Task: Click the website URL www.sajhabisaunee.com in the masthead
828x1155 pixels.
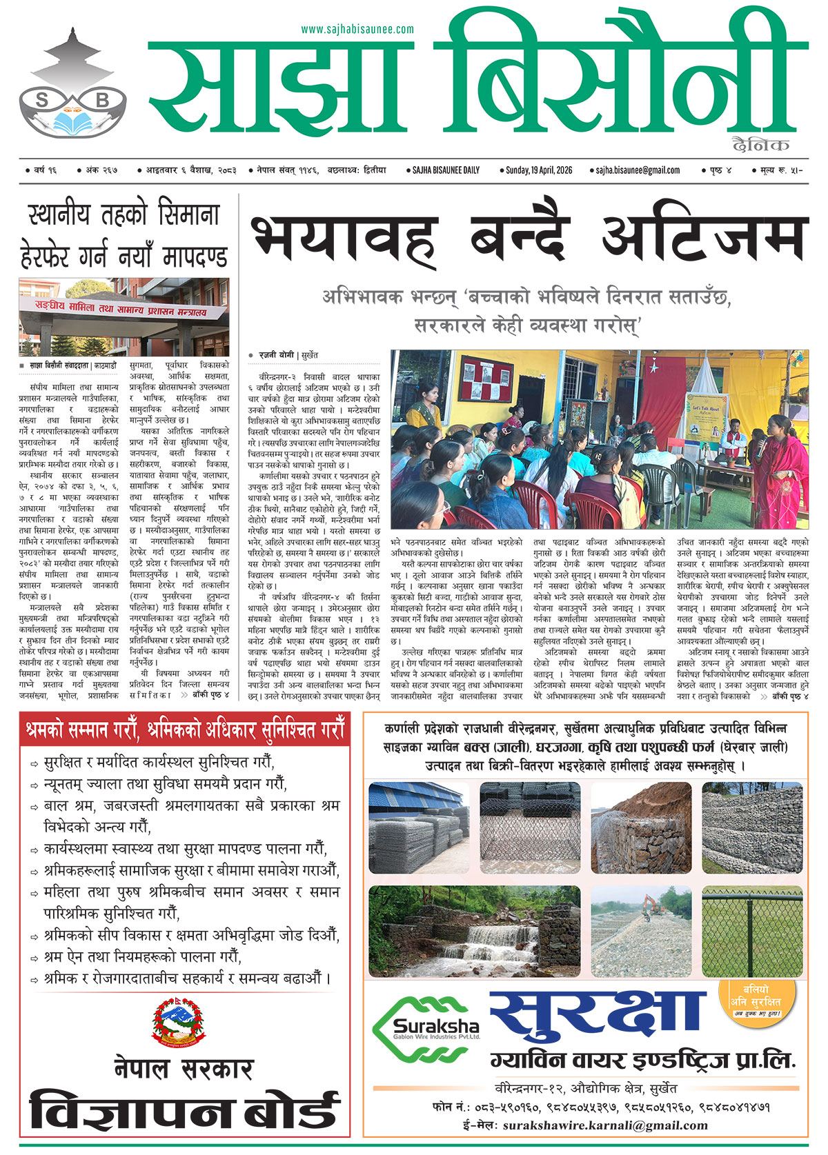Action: point(357,29)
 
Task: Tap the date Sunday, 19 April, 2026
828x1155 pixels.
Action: point(539,170)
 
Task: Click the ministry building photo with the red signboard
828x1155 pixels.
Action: point(124,317)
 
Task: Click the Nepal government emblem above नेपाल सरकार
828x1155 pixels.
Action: point(178,1025)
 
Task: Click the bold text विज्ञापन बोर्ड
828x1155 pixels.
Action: point(184,1112)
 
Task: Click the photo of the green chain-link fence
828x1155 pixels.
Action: point(752,931)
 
